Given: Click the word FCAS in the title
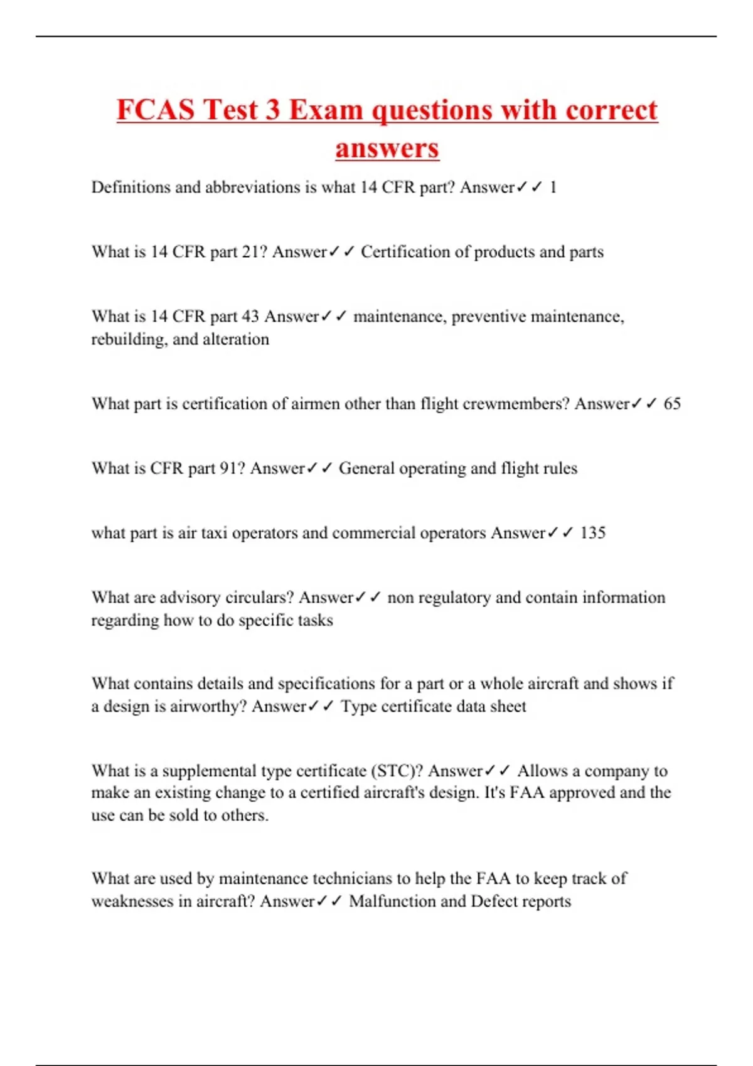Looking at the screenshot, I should (156, 110).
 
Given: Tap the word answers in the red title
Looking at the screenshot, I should (387, 149).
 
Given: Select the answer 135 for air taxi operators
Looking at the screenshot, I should (592, 533).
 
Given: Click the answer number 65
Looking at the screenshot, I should (672, 404).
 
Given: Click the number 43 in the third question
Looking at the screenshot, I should (250, 317).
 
